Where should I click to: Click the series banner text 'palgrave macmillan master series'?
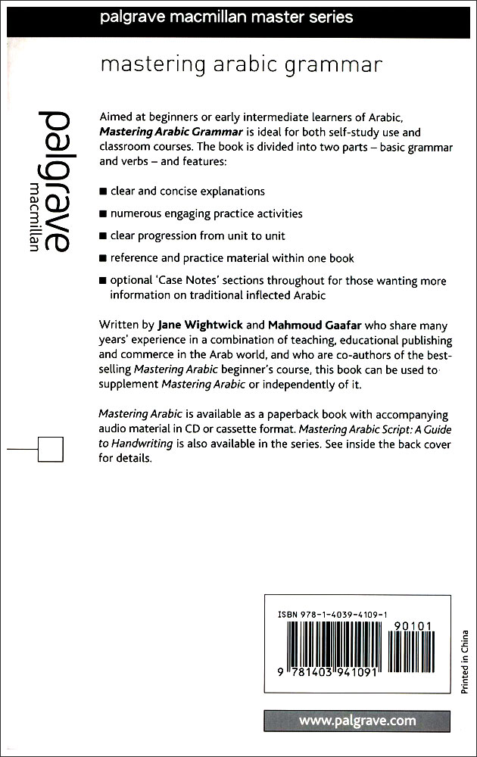click(226, 17)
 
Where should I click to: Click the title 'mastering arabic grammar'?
click(241, 66)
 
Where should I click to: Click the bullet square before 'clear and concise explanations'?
click(103, 192)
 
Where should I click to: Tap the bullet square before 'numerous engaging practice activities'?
click(103, 214)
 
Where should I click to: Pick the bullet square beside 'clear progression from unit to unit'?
click(103, 236)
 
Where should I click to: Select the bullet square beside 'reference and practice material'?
click(103, 259)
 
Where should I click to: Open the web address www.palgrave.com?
click(357, 721)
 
